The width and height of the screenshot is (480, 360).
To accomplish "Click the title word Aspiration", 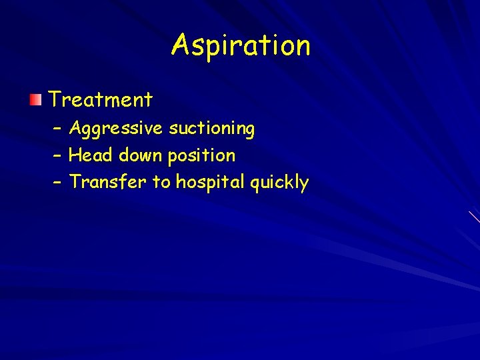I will [241, 46].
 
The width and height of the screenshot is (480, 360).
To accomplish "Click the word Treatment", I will [101, 100].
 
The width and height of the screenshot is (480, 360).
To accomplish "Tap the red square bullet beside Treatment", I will [35, 100].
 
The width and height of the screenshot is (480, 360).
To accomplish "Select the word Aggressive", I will [115, 128].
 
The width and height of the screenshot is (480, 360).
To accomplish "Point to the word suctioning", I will [211, 128].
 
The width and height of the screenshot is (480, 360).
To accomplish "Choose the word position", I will [201, 156].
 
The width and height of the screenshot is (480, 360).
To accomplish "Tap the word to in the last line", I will [161, 182].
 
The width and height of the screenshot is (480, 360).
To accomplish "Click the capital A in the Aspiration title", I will [181, 45].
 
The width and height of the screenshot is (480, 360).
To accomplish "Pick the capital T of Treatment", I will [55, 100].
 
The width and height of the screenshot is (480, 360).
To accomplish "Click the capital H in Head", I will [75, 155].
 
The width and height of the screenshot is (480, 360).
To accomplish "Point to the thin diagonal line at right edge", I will [474, 217].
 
